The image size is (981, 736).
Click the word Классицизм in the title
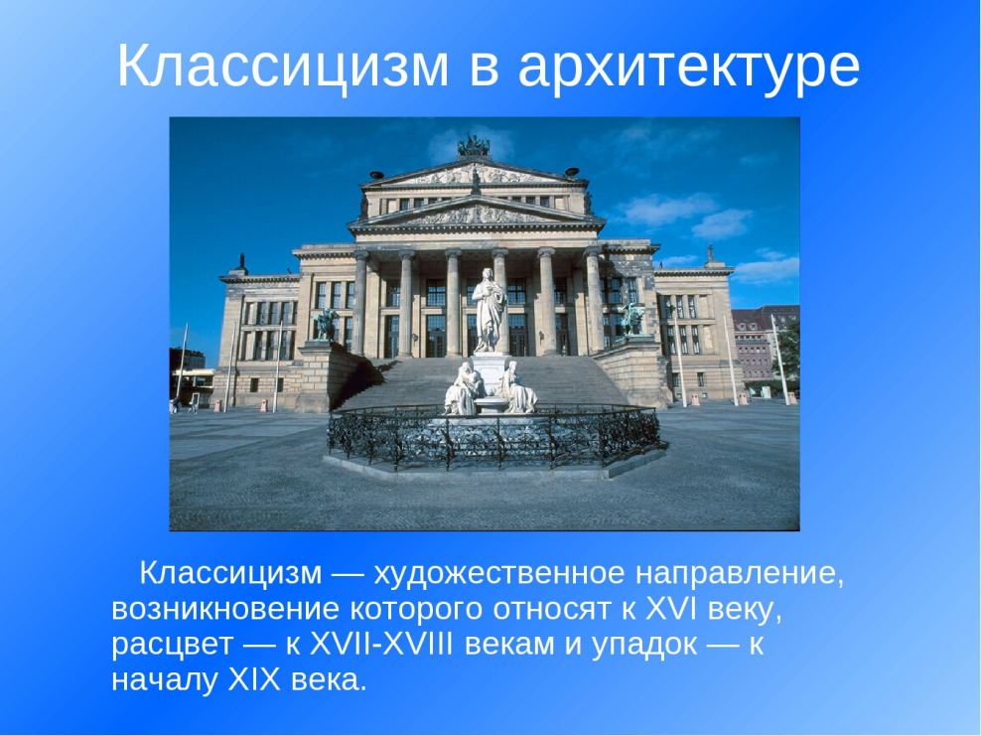[x=282, y=66]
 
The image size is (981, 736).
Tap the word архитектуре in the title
[x=688, y=66]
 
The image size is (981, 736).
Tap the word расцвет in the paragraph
[x=172, y=644]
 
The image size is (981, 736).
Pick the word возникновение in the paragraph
[x=226, y=608]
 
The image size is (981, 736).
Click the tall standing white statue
[x=489, y=308]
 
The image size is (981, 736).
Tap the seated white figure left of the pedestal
[x=465, y=388]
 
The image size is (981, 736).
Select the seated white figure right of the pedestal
[x=517, y=388]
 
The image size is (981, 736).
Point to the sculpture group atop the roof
[x=474, y=146]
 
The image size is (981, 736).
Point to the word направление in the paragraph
[x=738, y=573]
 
